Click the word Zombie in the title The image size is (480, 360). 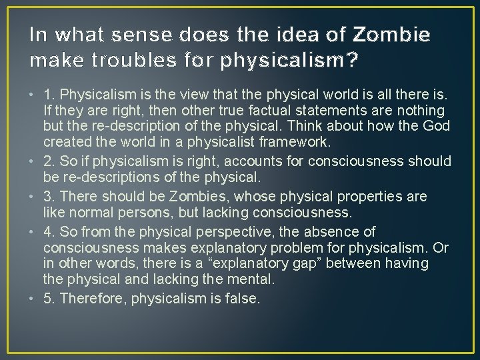[x=393, y=33]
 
